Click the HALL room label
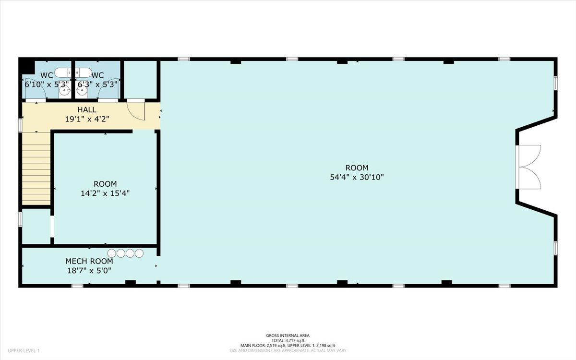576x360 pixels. coord(87,110)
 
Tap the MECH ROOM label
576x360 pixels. coord(89,261)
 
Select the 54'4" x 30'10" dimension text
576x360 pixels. coord(357,177)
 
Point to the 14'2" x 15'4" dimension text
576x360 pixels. coord(105,193)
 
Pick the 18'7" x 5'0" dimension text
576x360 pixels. coord(89,271)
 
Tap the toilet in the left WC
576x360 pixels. coord(61,73)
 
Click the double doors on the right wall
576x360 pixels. coord(530,166)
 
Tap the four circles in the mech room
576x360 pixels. coord(125,253)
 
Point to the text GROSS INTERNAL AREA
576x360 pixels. coord(288,336)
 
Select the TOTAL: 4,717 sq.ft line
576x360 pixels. coord(288,340)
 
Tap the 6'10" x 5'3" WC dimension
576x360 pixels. coord(47,84)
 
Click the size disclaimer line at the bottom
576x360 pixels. coord(288,350)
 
